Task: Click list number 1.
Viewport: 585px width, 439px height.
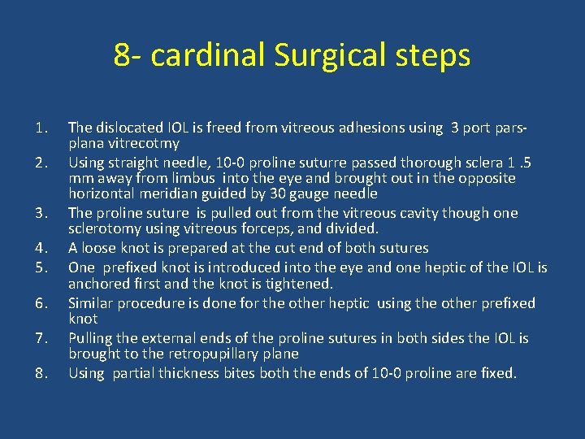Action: tap(43, 128)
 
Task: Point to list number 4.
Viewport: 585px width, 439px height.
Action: tap(43, 248)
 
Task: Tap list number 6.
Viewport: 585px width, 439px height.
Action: tap(43, 303)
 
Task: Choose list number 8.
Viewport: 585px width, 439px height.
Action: tap(43, 373)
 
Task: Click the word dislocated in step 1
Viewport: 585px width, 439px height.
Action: tap(128, 128)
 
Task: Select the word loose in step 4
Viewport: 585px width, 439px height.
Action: tap(101, 248)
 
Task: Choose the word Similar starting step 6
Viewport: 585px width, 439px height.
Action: tap(93, 303)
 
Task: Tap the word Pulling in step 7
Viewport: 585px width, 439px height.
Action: tap(93, 338)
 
